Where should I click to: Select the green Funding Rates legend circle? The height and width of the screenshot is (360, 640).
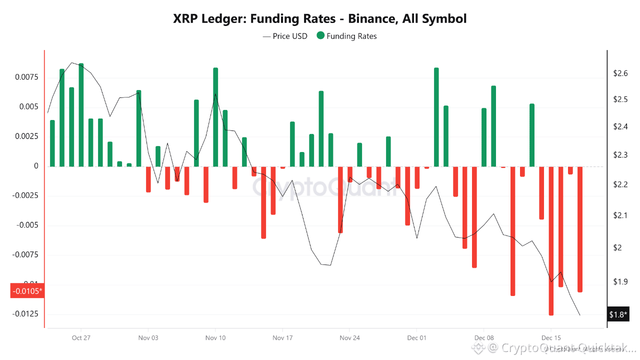tap(320, 36)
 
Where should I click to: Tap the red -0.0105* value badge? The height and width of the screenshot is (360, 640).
tap(27, 290)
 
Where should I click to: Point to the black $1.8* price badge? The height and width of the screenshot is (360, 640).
tap(618, 314)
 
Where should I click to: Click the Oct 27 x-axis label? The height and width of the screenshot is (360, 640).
tap(81, 337)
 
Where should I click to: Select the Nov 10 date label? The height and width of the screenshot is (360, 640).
tap(215, 337)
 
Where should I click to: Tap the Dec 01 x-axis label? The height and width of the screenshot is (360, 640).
tap(416, 337)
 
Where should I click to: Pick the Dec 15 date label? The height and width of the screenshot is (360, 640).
tap(550, 337)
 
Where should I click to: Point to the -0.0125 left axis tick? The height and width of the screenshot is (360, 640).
tap(28, 314)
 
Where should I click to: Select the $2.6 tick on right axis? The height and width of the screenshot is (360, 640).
tap(620, 73)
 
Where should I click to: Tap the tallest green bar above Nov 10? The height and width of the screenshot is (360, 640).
tap(215, 117)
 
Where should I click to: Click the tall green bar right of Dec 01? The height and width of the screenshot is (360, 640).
tap(436, 117)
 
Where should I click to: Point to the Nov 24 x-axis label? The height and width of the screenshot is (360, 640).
tap(349, 337)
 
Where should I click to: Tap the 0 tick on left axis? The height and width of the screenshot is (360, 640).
tap(36, 166)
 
